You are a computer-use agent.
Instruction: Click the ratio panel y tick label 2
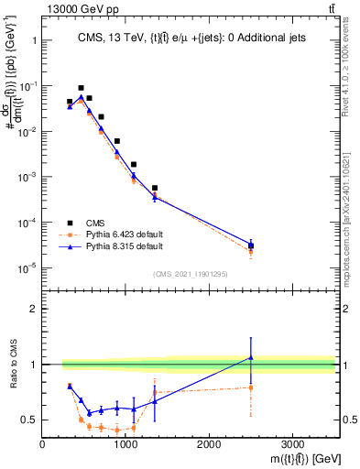(x=33, y=309)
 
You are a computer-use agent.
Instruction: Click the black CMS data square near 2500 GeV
(x=251, y=245)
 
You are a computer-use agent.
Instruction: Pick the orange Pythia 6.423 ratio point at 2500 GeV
(x=251, y=387)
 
